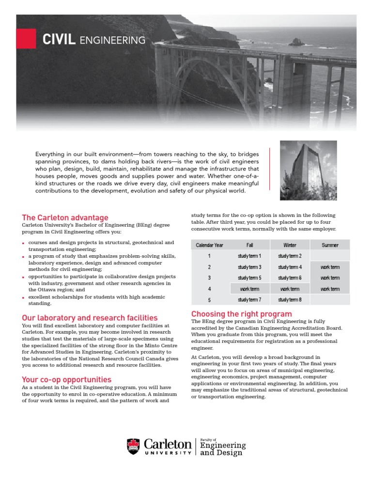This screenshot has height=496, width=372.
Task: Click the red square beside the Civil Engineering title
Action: coord(26,39)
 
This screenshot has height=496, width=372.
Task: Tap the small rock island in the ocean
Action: coord(296,42)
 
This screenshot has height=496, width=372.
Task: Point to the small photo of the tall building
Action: coord(309,170)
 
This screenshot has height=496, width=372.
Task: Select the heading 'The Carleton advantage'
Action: coord(65,217)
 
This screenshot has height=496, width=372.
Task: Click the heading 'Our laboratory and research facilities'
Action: coord(90,318)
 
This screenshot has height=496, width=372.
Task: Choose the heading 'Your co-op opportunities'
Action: coord(66,379)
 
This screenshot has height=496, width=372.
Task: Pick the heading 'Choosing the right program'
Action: coord(242,314)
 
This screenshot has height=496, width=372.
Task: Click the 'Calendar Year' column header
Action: coord(209,245)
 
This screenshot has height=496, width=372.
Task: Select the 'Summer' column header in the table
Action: coord(330,245)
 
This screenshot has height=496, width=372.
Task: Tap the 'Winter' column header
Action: coord(290,245)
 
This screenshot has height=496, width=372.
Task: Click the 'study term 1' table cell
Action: coord(249,256)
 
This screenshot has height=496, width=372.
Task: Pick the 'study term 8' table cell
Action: coord(290,300)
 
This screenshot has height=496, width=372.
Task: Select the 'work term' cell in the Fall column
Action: coord(249,289)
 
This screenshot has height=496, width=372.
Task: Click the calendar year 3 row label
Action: coord(209,278)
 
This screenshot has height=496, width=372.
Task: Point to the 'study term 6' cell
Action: coord(290,278)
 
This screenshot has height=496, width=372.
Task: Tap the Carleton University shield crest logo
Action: coord(133,446)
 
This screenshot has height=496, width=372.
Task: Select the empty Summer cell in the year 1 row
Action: coord(330,256)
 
